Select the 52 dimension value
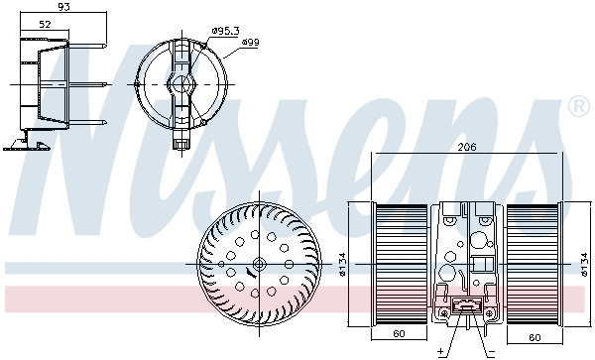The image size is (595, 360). pyautogui.click(x=45, y=23)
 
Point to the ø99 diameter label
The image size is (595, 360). pyautogui.click(x=250, y=43)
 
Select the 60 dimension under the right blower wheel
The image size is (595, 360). pyautogui.click(x=535, y=335)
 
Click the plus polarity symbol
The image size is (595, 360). pyautogui.click(x=439, y=350)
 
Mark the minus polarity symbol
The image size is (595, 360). pyautogui.click(x=492, y=350)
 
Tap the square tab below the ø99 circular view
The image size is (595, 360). pyautogui.click(x=180, y=144)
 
